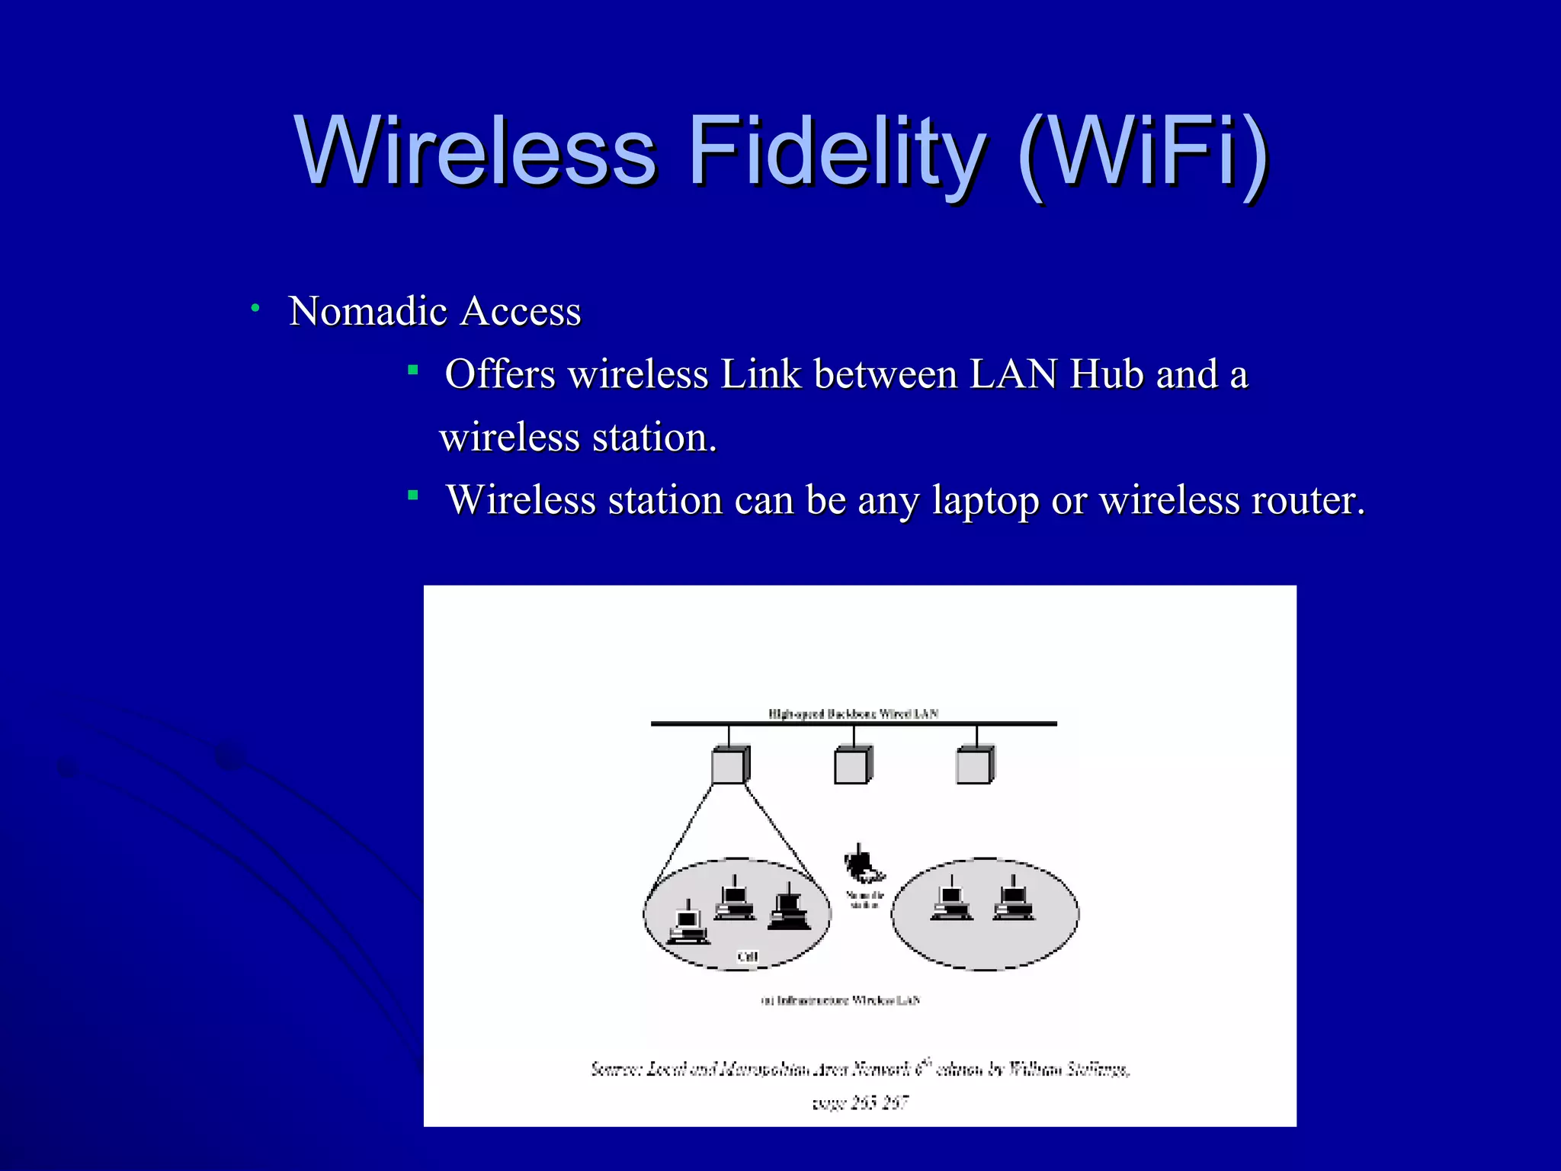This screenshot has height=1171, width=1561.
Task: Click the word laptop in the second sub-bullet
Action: point(986,502)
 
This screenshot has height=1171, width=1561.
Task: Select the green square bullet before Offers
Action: point(413,371)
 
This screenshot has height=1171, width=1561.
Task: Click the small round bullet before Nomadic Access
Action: point(256,308)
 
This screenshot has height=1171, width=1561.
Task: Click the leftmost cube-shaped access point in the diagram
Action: point(729,765)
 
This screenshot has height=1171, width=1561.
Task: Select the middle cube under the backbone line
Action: point(852,765)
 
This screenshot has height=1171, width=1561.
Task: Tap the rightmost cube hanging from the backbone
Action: point(975,765)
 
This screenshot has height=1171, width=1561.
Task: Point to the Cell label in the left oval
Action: point(748,957)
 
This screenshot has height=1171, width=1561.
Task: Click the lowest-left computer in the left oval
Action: point(688,924)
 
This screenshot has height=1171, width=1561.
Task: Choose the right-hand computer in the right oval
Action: point(1013,900)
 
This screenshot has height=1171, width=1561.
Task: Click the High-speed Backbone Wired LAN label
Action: point(853,714)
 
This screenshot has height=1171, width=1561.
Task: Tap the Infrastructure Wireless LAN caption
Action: point(841,1000)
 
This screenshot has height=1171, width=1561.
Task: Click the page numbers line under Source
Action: point(860,1102)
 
